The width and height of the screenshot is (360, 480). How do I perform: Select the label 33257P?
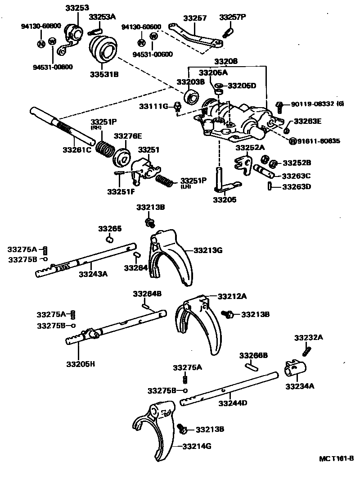pyautogui.click(x=233, y=18)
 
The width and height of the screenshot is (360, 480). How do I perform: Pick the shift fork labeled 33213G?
pyautogui.click(x=173, y=257)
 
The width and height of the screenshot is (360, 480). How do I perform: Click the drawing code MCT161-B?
pyautogui.click(x=336, y=459)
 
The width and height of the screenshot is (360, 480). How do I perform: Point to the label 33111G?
pyautogui.click(x=153, y=106)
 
